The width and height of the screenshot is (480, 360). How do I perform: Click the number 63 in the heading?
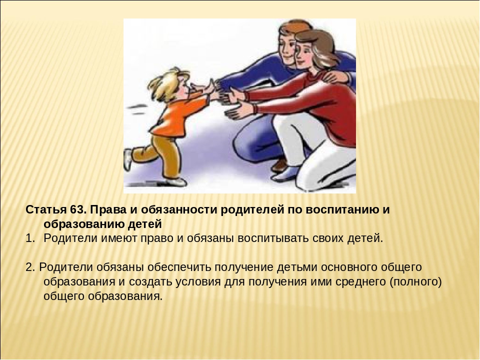(x=76, y=210)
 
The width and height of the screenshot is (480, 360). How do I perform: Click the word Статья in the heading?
(x=46, y=210)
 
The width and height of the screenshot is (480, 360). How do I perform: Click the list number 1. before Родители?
(x=30, y=238)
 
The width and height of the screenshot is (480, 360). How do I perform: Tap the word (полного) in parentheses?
(x=415, y=282)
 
